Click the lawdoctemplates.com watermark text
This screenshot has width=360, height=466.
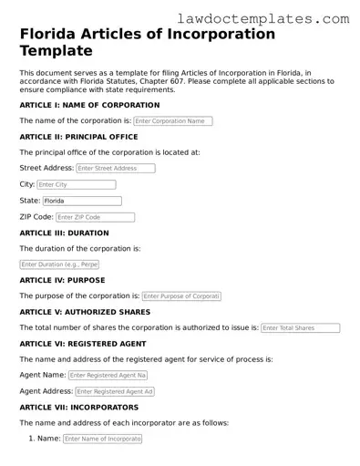(275, 18)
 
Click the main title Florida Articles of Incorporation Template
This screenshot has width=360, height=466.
(147, 42)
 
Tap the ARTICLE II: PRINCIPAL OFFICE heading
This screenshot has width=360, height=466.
(78, 137)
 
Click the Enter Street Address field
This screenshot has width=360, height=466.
(115, 169)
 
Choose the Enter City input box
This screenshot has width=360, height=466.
(77, 184)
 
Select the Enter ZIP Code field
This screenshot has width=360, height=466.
(95, 217)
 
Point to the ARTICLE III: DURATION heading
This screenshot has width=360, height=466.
(64, 233)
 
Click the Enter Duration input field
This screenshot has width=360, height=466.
(59, 264)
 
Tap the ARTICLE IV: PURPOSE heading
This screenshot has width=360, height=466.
(62, 280)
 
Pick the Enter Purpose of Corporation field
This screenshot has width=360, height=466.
(181, 296)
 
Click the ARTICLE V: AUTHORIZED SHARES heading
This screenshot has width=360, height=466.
(85, 312)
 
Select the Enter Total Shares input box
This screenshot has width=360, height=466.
(300, 328)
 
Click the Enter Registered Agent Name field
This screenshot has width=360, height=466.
(108, 375)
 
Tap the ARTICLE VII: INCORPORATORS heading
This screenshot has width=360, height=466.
(79, 407)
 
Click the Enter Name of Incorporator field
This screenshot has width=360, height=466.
(102, 439)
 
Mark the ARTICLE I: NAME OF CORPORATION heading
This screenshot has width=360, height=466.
(89, 105)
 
